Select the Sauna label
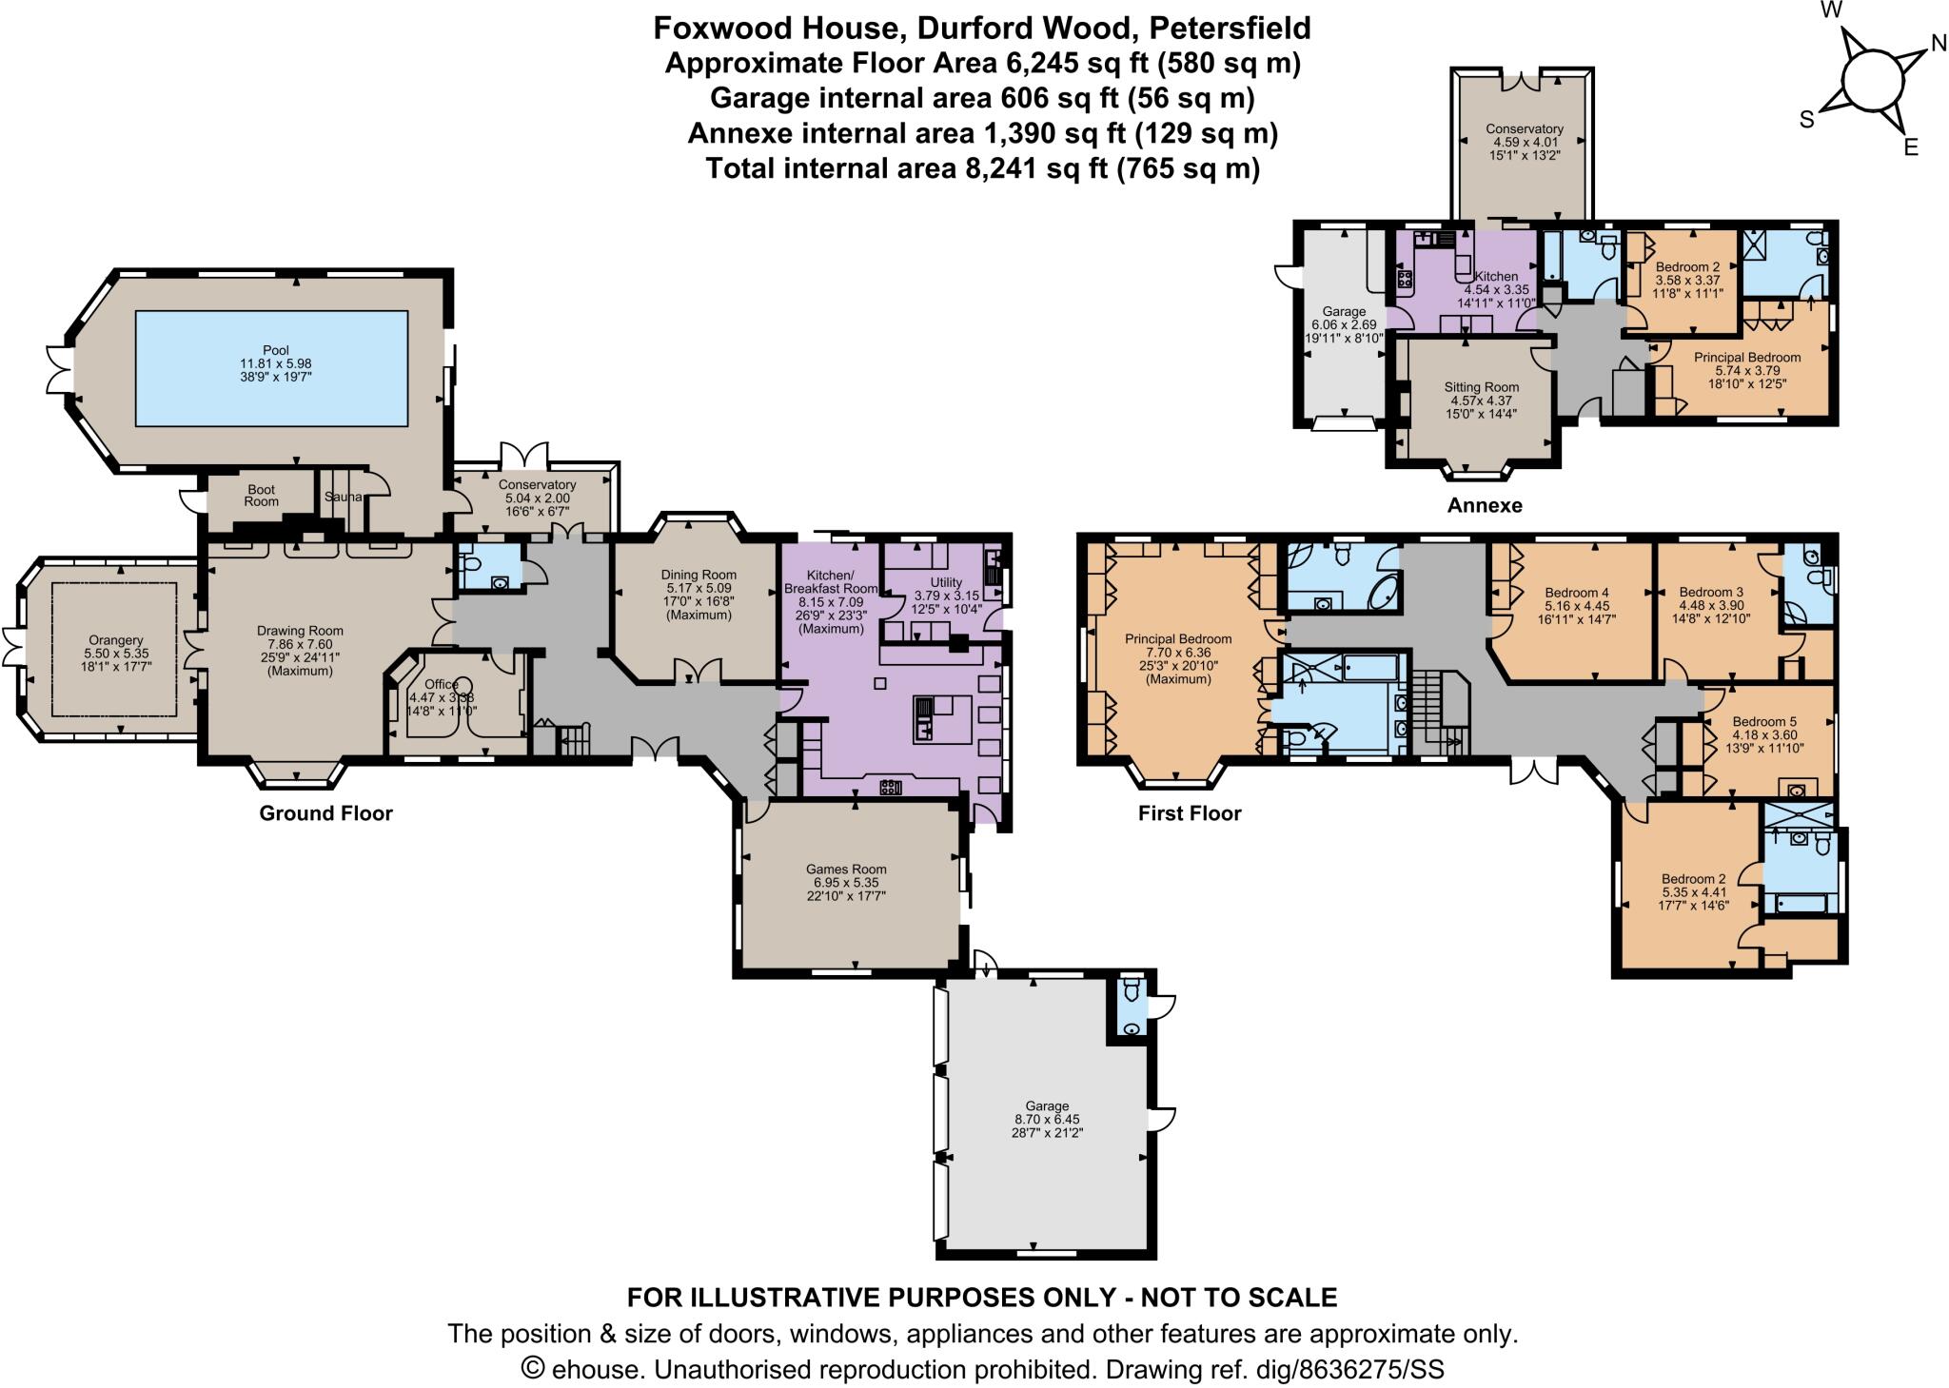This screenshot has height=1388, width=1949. click(341, 497)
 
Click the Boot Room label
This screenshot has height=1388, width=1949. click(261, 495)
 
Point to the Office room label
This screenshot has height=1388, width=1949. click(441, 684)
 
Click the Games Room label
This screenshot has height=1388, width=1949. click(845, 869)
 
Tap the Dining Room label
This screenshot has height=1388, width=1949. click(699, 575)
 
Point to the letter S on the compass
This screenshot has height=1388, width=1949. click(1805, 120)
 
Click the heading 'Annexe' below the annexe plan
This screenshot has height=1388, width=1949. click(1484, 505)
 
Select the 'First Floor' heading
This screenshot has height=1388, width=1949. click(1190, 813)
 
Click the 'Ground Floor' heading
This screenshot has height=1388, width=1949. click(325, 813)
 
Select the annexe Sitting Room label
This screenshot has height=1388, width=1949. click(1481, 387)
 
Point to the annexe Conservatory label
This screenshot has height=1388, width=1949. click(1524, 129)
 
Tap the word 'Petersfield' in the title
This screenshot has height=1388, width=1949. click(1230, 29)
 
